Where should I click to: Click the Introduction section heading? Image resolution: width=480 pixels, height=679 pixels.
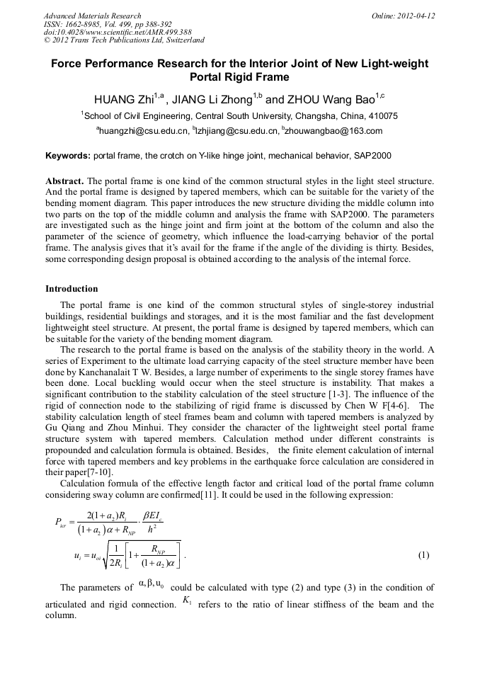coord(72,289)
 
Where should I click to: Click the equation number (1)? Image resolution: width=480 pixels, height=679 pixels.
coord(423,555)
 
